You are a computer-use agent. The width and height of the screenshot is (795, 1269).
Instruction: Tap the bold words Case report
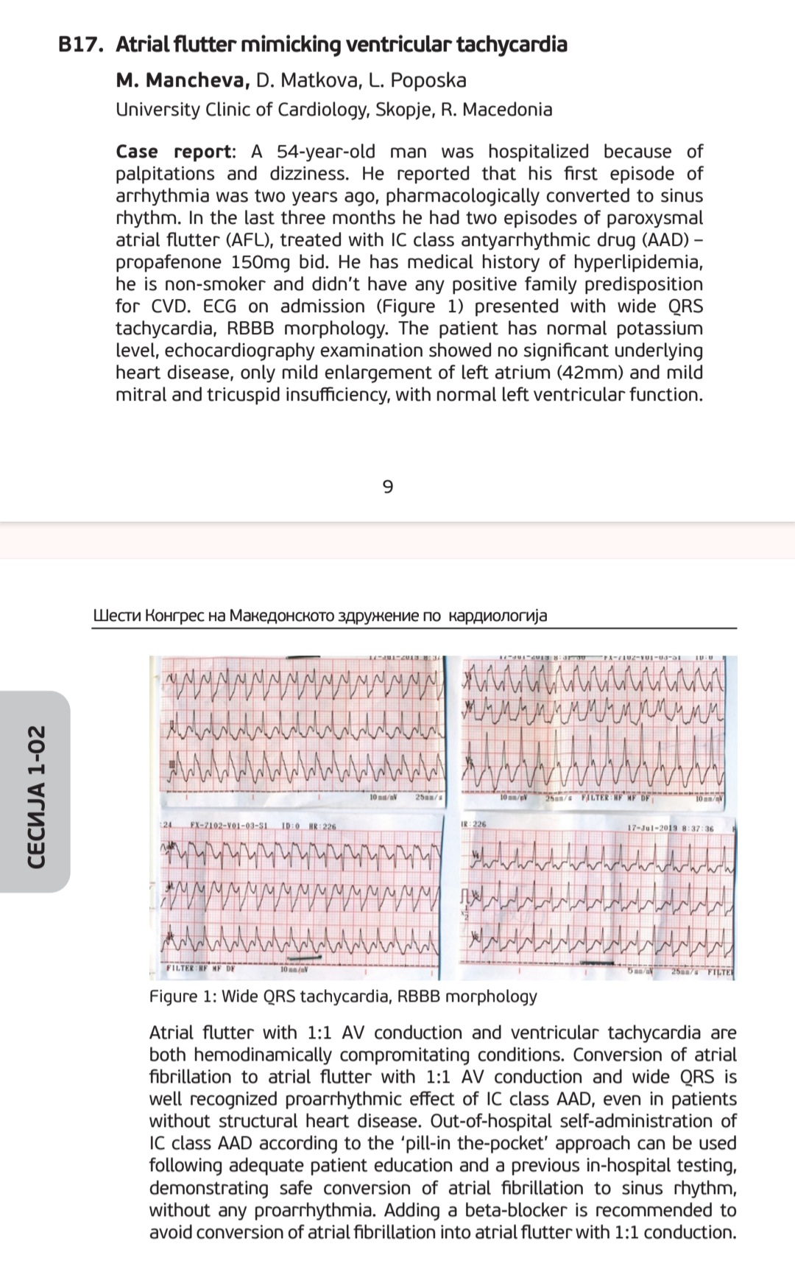[x=174, y=152]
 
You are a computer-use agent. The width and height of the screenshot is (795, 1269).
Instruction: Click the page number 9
[x=389, y=487]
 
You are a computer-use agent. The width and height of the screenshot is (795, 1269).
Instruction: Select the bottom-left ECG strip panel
[x=300, y=897]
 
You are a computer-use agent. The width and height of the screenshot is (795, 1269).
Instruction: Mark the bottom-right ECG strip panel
[x=596, y=897]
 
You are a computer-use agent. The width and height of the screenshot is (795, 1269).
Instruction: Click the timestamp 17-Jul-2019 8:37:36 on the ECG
[x=670, y=828]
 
